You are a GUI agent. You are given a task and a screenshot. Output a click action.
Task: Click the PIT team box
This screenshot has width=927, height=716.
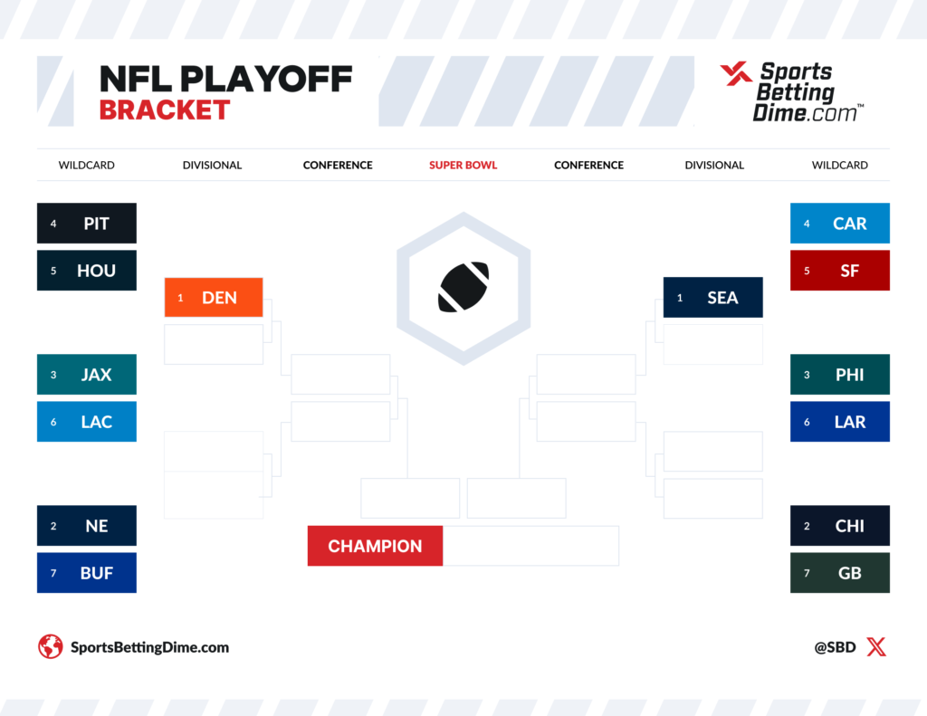(87, 224)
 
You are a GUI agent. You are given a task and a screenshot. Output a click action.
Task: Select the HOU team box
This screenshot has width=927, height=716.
(87, 271)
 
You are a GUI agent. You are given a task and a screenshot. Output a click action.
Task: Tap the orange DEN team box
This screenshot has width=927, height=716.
(214, 298)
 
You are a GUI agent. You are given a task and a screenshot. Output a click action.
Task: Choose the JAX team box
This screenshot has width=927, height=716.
(87, 375)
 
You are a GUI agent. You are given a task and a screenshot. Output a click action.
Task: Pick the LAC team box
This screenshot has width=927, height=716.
(87, 422)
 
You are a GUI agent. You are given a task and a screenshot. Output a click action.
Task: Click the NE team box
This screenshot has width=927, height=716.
(87, 526)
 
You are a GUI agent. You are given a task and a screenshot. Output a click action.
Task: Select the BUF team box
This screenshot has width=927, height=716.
(87, 573)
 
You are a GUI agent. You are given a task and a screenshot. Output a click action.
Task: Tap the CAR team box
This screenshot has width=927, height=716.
(840, 224)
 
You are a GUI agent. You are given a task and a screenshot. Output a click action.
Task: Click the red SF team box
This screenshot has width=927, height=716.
(840, 271)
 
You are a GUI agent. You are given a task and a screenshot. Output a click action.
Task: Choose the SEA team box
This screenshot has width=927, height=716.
(713, 298)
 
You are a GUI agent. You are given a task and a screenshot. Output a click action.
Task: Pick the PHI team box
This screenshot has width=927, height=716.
(840, 375)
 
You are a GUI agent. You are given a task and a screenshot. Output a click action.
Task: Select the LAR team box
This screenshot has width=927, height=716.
(840, 422)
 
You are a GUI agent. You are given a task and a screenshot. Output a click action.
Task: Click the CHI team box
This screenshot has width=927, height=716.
(840, 526)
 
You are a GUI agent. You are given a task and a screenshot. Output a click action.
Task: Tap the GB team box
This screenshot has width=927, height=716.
(840, 573)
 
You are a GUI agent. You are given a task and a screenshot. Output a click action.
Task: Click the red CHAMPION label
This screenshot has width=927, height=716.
(375, 546)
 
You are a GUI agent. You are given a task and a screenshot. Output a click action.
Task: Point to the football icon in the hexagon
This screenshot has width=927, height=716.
(463, 287)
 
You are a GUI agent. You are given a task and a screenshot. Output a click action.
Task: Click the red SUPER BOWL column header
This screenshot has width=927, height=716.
(463, 166)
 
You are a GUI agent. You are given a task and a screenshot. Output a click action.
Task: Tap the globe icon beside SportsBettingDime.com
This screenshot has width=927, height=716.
(50, 647)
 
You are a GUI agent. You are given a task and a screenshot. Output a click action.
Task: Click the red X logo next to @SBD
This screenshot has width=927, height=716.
(876, 647)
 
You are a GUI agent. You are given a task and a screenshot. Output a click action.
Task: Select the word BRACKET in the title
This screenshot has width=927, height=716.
(164, 110)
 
